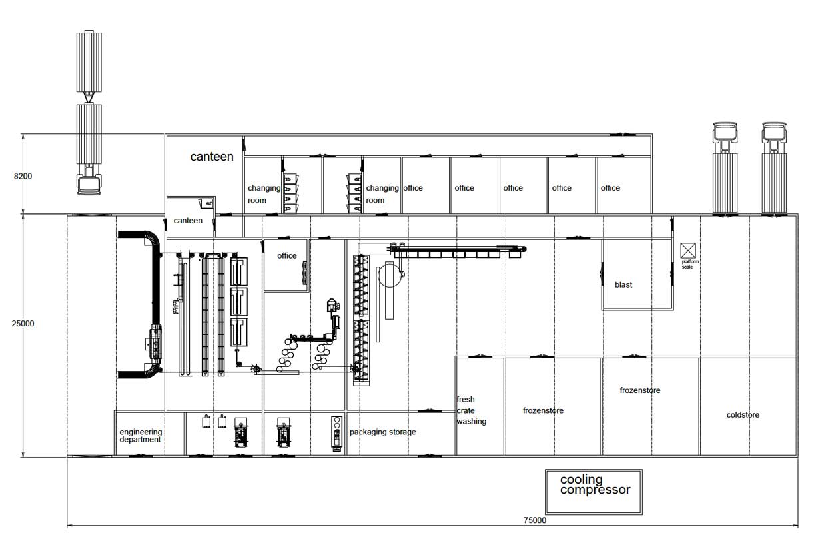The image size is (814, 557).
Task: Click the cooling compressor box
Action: tap(594, 492)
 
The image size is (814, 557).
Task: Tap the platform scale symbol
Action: tap(688, 251)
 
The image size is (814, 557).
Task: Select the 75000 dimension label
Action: tap(534, 520)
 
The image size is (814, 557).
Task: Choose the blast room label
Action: tap(623, 285)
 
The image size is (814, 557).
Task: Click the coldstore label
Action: tap(743, 415)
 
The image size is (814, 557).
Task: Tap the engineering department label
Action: tap(140, 436)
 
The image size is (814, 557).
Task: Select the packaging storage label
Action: tap(382, 432)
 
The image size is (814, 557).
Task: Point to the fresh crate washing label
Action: tap(471, 410)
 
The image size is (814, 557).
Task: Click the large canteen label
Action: tap(212, 157)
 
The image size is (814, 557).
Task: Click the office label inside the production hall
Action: tap(287, 256)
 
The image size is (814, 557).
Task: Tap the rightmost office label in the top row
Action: tap(610, 188)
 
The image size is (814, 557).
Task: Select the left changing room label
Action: tap(264, 194)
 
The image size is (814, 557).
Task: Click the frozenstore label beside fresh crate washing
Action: tap(543, 411)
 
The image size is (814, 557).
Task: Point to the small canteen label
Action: tap(188, 221)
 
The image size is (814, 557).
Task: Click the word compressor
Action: tap(595, 490)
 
